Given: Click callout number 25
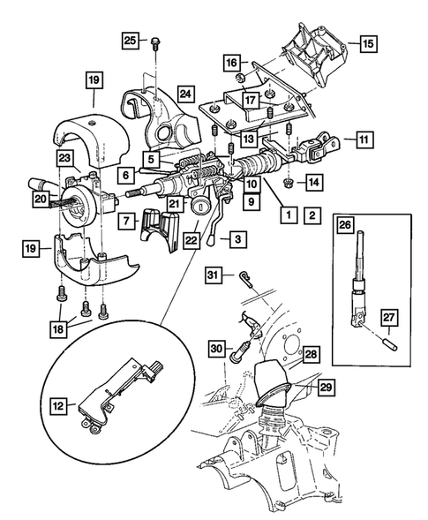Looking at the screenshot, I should (129, 41).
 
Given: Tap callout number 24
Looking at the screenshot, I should (184, 92).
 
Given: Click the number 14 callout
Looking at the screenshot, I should (314, 181).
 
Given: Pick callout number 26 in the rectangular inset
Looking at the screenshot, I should (344, 223).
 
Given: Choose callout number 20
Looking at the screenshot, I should (41, 200).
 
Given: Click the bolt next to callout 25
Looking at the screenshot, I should (155, 41).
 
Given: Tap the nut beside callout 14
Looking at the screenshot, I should (289, 182).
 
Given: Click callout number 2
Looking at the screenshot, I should (311, 215).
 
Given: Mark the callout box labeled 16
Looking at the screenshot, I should (230, 64).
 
